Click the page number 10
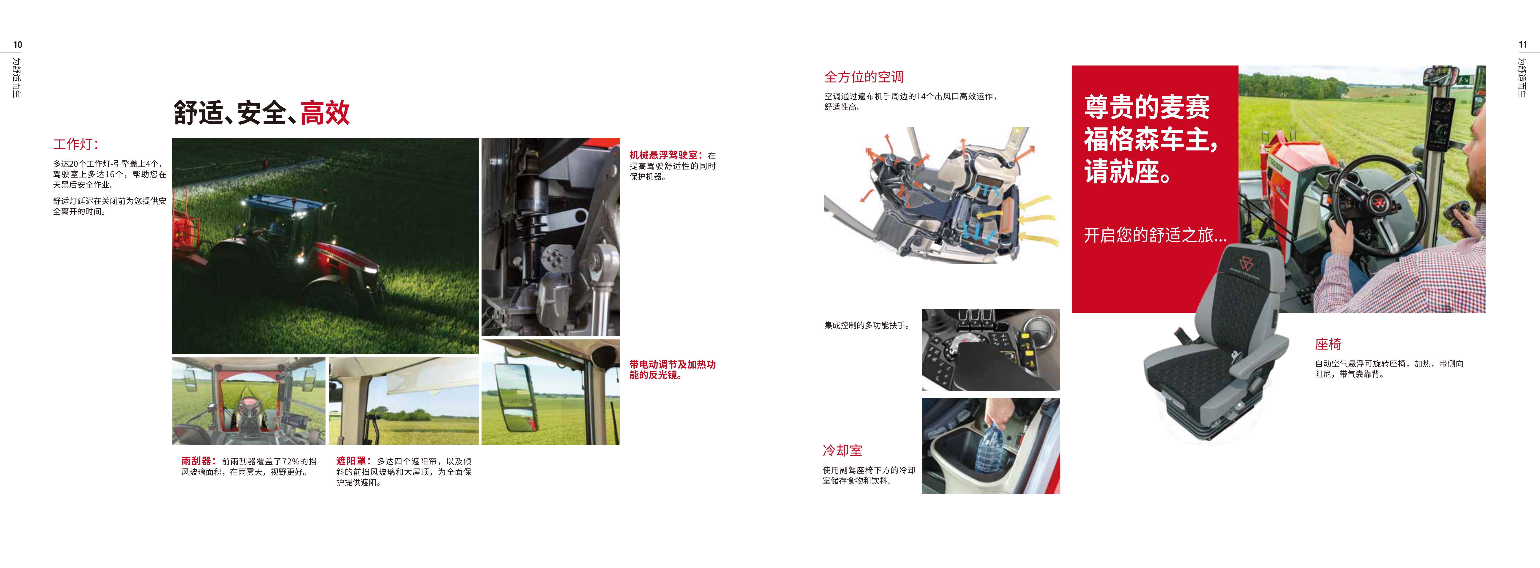pyautogui.click(x=18, y=45)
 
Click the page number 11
pyautogui.click(x=1523, y=45)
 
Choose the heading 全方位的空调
pyautogui.click(x=864, y=76)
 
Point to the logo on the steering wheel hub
pyautogui.click(x=1379, y=201)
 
